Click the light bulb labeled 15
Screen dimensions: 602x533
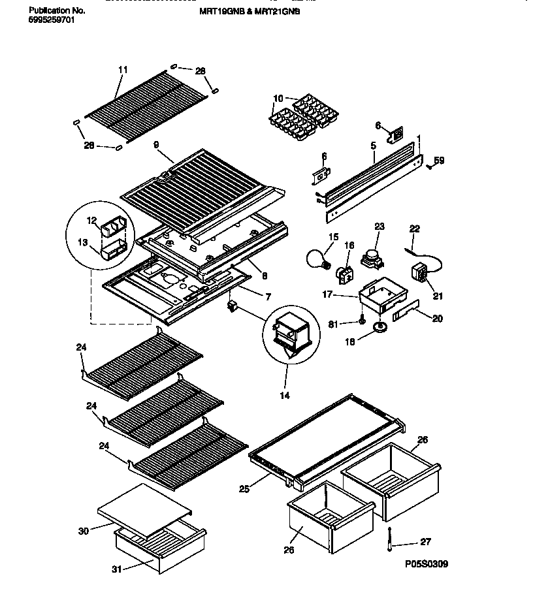click(318, 259)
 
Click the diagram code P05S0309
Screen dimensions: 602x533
click(426, 563)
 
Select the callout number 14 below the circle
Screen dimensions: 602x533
click(284, 395)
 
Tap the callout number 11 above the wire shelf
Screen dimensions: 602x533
click(122, 69)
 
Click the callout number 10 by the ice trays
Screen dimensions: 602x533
click(278, 99)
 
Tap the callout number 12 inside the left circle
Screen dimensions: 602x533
click(91, 219)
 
